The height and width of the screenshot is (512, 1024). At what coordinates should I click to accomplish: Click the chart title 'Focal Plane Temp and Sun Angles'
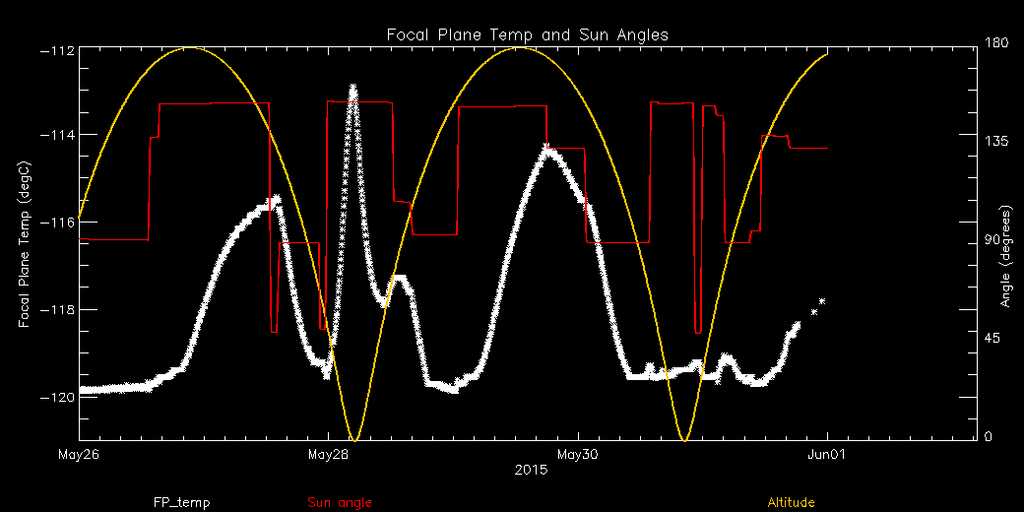(527, 34)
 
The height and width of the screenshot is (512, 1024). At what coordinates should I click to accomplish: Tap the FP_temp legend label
(181, 502)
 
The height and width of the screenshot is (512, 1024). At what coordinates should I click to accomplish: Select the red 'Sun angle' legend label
(340, 502)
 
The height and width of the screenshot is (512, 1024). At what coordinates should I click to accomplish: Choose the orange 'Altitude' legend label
(791, 502)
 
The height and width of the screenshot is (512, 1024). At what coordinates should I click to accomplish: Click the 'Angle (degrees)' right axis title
(1006, 256)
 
